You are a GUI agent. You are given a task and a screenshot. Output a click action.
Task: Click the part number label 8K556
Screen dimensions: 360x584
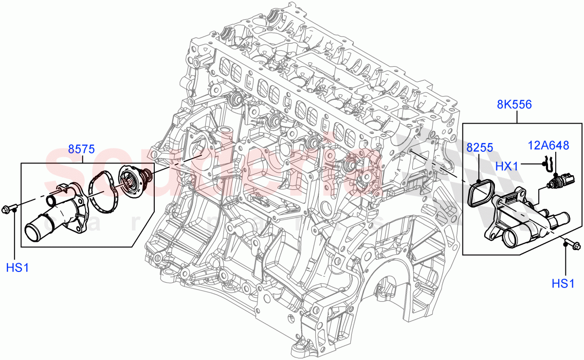(514, 104)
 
